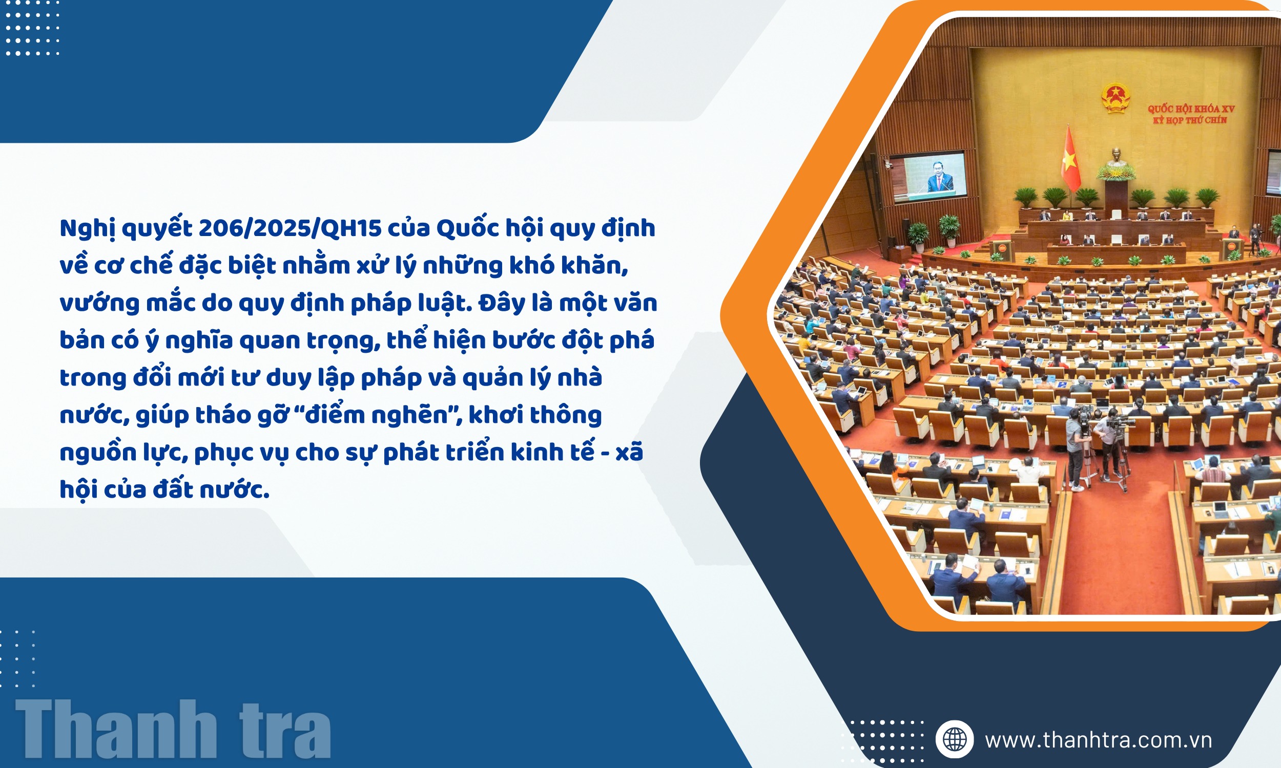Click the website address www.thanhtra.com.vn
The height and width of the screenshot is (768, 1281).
(1098, 740)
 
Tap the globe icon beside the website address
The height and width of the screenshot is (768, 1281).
(955, 739)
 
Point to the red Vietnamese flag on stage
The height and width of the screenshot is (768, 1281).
(1070, 160)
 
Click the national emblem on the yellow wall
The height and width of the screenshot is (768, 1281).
(1115, 98)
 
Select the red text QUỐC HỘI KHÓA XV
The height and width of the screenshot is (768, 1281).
(1191, 109)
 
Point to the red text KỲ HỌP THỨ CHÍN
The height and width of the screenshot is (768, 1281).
(1190, 120)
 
